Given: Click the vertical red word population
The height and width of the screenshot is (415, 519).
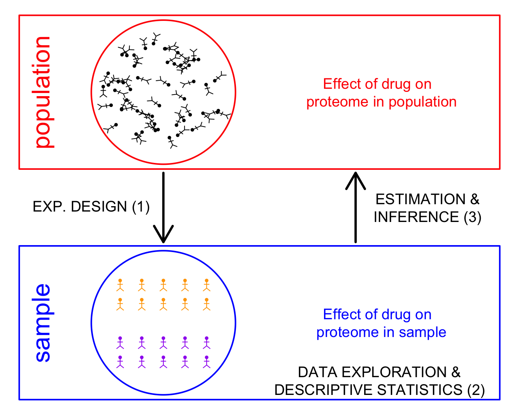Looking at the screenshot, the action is (x=43, y=92).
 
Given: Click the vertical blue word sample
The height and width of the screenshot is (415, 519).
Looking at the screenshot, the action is (x=43, y=323).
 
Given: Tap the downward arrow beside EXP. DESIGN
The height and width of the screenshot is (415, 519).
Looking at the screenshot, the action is (x=163, y=207).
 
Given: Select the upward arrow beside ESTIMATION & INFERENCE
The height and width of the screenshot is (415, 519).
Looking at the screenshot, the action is (x=356, y=207).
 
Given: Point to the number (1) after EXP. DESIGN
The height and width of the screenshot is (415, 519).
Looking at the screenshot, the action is (x=141, y=207).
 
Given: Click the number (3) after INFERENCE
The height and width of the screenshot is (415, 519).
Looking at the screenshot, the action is (x=472, y=217).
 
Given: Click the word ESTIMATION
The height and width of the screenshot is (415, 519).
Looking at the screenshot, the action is (x=421, y=199).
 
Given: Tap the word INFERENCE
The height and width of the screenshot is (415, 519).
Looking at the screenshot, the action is (x=416, y=217).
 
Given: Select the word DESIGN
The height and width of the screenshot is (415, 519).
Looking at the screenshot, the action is (x=99, y=207).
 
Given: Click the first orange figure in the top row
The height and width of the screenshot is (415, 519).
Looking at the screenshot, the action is (x=120, y=285).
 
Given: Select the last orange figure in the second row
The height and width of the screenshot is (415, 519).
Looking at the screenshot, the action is (x=207, y=304).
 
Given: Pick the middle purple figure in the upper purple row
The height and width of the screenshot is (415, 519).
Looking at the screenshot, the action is (x=163, y=343).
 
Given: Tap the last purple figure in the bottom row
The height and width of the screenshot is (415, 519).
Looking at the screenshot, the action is (x=207, y=362).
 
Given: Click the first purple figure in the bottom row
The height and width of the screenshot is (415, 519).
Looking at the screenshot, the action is (x=120, y=362).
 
